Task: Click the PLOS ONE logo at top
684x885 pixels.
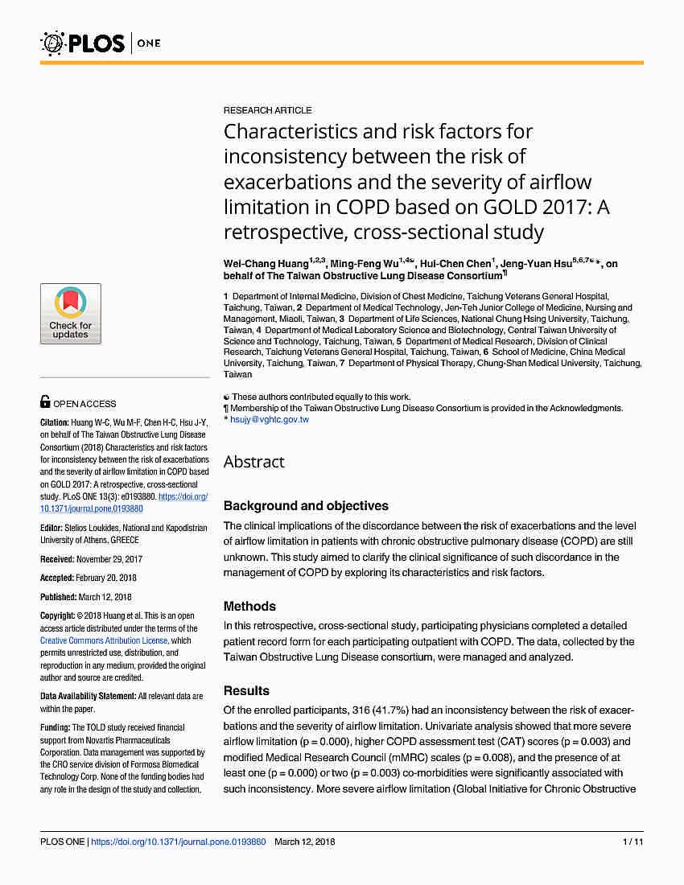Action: point(101,42)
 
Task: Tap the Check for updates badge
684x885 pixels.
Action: point(71,314)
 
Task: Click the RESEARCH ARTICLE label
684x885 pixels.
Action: point(267,110)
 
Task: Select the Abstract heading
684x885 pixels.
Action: point(253,462)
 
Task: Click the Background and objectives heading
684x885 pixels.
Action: point(306,506)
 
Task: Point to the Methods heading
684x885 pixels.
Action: point(249,607)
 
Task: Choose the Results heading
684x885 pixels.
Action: point(246,691)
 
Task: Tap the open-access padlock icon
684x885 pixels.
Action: point(46,403)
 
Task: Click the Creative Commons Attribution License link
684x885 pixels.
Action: point(105,641)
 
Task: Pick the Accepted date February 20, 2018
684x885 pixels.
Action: point(108,578)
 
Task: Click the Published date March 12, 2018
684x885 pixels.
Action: point(105,597)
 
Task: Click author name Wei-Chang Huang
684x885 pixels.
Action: point(266,263)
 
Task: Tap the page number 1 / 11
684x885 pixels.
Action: point(633,842)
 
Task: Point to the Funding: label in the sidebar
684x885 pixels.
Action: point(56,727)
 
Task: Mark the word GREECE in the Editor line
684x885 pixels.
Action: point(126,540)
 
